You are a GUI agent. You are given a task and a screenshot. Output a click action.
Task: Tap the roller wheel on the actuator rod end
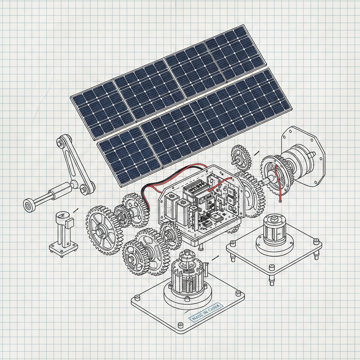coord(29,205)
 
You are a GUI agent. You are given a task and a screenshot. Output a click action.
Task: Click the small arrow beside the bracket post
coord(75,210)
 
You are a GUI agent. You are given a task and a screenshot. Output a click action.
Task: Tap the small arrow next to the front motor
coord(215,258)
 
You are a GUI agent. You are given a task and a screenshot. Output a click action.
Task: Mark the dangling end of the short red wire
coord(280,201)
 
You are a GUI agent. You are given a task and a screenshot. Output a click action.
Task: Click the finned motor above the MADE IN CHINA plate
coord(186,274)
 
